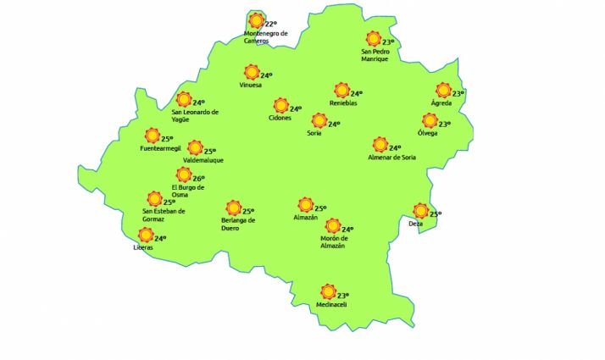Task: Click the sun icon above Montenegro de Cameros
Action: [256, 20]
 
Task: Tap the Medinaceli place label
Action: [331, 305]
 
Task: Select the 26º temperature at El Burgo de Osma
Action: [199, 178]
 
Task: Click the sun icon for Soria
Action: [319, 121]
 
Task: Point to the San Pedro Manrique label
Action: [375, 55]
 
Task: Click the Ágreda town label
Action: [441, 102]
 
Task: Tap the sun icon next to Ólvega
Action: [430, 121]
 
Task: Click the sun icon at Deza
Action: [419, 210]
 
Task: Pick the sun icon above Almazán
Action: [305, 204]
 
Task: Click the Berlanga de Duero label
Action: [232, 224]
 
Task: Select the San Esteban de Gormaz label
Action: [164, 215]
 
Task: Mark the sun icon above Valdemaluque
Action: [195, 147]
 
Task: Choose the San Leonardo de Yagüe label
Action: [195, 115]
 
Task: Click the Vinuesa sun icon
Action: [251, 72]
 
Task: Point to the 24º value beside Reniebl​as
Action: [357, 94]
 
